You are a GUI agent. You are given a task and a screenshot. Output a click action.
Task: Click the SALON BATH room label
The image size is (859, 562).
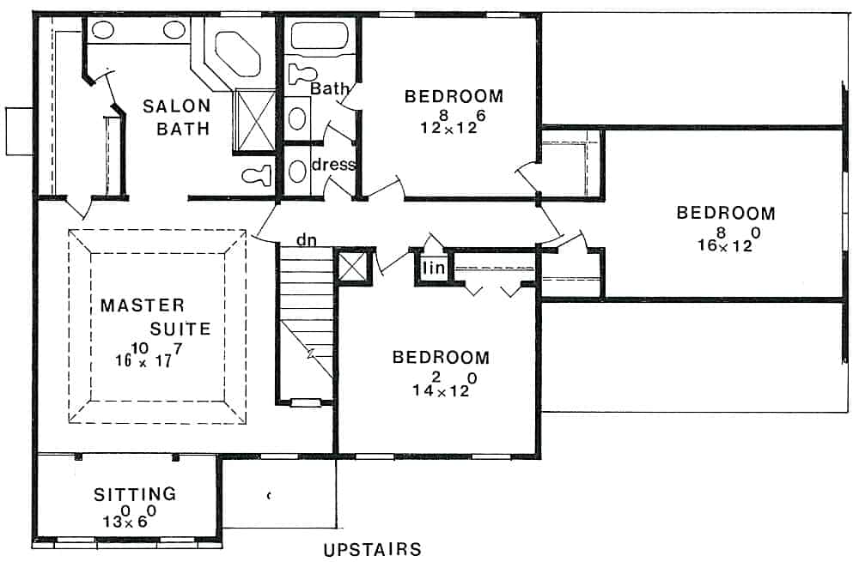(x=176, y=118)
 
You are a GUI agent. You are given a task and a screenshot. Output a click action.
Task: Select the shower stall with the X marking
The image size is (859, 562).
(x=254, y=119)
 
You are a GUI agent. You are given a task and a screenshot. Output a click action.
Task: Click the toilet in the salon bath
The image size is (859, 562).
(x=258, y=176)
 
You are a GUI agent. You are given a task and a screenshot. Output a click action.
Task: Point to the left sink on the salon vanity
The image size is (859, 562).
(x=103, y=32)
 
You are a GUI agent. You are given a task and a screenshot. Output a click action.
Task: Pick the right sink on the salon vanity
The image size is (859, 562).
(x=174, y=32)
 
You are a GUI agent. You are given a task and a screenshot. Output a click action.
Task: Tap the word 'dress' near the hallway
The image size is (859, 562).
(x=333, y=164)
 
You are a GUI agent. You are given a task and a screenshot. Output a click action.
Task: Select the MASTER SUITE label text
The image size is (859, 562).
(x=142, y=316)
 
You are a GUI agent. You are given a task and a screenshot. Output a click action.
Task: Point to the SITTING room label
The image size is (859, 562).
(x=135, y=494)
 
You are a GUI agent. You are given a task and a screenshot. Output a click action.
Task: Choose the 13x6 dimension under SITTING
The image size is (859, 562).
(x=129, y=517)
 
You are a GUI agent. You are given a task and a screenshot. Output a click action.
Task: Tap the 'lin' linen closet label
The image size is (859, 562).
(x=431, y=269)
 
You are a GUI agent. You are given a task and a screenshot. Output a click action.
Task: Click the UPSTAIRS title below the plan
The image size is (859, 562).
(x=372, y=549)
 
